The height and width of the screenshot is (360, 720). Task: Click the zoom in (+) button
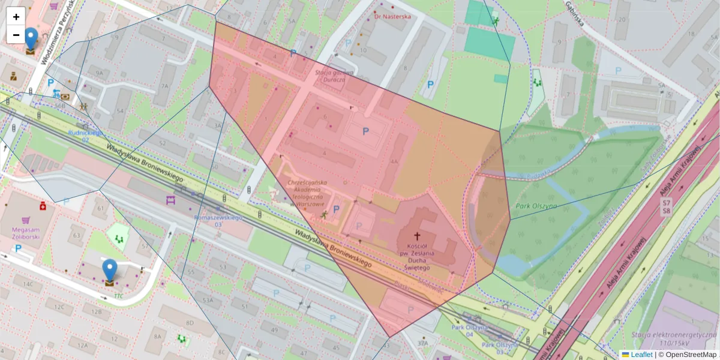point(16,17)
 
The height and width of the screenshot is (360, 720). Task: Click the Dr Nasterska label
point(392,17)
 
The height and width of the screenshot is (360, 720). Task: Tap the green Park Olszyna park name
point(536,206)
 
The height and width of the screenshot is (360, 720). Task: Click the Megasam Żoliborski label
point(21,233)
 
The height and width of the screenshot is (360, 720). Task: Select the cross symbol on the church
point(417,236)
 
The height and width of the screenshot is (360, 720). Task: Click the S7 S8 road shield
point(666,207)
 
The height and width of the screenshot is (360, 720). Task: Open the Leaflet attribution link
point(641,355)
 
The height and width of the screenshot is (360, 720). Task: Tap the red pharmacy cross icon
point(43,206)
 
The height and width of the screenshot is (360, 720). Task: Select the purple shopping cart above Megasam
point(25,220)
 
